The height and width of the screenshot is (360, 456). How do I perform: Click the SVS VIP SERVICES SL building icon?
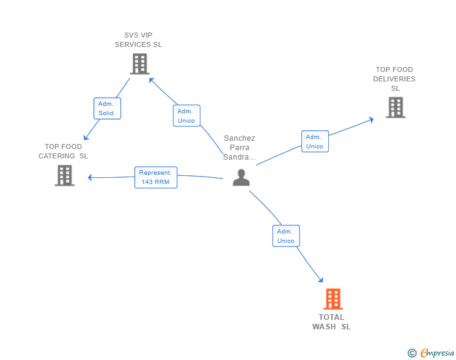coord(140,64)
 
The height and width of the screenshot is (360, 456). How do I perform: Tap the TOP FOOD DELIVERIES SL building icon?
coord(395,107)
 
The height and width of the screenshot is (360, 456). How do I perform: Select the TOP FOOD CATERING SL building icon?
coord(65,175)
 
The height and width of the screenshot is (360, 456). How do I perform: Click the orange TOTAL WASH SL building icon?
coord(333,299)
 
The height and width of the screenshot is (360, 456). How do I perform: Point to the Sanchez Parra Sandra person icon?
coord(241,177)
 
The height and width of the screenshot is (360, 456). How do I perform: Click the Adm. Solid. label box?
coord(107,108)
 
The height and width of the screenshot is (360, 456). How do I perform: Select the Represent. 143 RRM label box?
coord(155,177)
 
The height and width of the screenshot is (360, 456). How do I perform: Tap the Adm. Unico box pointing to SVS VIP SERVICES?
coord(187,116)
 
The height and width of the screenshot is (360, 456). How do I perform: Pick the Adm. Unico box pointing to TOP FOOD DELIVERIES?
coord(315,141)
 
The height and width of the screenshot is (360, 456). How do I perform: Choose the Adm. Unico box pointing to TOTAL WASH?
coord(286,236)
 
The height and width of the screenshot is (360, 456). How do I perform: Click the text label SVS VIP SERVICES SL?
coord(138,40)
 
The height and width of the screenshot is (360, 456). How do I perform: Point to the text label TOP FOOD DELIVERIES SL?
coord(395,79)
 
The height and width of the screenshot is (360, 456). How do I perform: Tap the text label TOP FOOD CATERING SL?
coord(63,152)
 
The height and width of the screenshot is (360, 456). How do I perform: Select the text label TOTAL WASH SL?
coord(331,322)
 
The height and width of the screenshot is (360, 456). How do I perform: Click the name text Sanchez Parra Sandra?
coord(239,147)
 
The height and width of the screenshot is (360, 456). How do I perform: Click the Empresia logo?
coord(431,352)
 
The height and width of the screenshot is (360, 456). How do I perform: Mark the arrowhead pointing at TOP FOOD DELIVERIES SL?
coord(371,120)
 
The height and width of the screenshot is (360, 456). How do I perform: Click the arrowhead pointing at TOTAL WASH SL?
coord(321,280)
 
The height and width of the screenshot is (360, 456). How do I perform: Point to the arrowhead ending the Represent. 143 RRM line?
coord(90,177)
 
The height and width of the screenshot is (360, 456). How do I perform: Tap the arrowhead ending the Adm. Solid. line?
coord(85,137)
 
